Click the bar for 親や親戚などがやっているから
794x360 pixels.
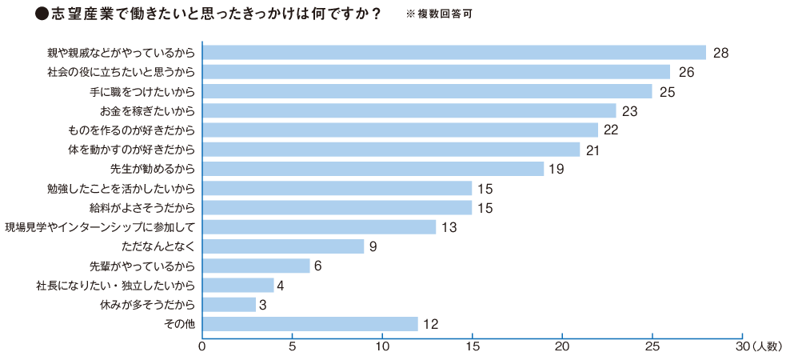coord(454,53)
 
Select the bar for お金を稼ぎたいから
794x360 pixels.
coord(409,110)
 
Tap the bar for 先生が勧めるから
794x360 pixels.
coord(373,169)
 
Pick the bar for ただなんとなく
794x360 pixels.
coord(283,246)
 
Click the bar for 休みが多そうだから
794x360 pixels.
coord(229,305)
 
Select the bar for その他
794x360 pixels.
coord(310,324)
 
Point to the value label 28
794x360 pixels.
coord(721,53)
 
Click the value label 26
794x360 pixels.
coord(685,72)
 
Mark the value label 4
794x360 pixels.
coord(281,286)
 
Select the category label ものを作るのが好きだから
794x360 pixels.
coord(132,130)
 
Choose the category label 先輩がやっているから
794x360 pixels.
coord(143,266)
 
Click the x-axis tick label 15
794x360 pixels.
coord(473,346)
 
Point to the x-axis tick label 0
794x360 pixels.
coord(202,346)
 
